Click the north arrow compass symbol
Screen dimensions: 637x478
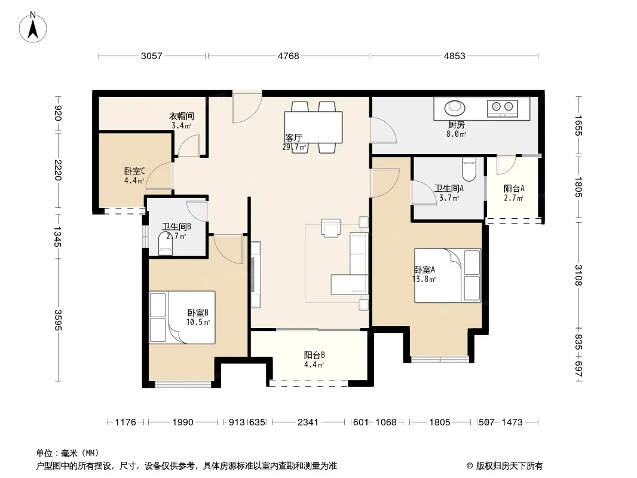(33, 27)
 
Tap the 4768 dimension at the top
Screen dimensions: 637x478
(289, 56)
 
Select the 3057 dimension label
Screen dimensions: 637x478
(152, 56)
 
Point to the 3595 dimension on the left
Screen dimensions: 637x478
(58, 320)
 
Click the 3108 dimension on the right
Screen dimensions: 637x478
(578, 275)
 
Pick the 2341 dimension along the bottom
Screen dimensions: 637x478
(308, 422)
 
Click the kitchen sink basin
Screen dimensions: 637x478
(454, 108)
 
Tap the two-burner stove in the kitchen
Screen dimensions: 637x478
(503, 108)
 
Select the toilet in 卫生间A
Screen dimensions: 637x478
(469, 169)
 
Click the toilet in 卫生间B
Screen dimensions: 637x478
(166, 244)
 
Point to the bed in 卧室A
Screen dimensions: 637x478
(448, 275)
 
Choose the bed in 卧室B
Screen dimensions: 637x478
(182, 317)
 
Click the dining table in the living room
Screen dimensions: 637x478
(313, 127)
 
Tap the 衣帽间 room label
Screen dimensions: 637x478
(181, 117)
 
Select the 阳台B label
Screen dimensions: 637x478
(314, 356)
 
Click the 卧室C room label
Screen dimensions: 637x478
(134, 171)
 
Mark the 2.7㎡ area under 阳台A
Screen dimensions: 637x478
(514, 198)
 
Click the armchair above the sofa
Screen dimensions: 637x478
(330, 228)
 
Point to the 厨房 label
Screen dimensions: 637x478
(456, 125)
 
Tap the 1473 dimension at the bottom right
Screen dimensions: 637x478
(512, 422)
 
